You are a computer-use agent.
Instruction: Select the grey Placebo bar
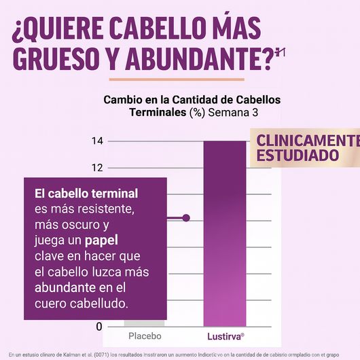click(144, 323)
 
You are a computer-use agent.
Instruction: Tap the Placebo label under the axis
click(145, 336)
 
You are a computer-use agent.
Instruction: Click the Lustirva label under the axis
click(225, 336)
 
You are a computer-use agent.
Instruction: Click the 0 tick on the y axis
click(99, 327)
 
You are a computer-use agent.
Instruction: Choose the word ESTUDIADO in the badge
click(298, 156)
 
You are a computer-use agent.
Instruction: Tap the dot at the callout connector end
click(187, 218)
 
